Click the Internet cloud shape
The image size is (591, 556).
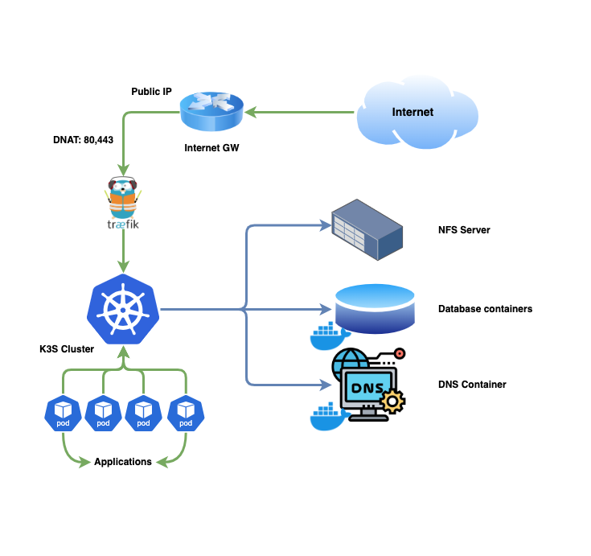[x=412, y=113]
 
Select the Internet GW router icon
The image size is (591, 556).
[x=211, y=111]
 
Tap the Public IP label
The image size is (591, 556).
[x=151, y=92]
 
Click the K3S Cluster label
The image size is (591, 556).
[x=67, y=349]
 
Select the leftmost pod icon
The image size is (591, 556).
[x=62, y=413]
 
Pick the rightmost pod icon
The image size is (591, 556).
[x=186, y=413]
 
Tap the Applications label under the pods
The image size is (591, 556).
[x=123, y=462]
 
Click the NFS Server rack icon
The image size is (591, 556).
[x=366, y=229]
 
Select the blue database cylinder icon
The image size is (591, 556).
[x=375, y=307]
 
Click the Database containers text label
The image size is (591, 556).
[x=485, y=309]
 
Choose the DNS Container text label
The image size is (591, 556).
[x=472, y=385]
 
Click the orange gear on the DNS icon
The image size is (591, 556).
[x=392, y=400]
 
